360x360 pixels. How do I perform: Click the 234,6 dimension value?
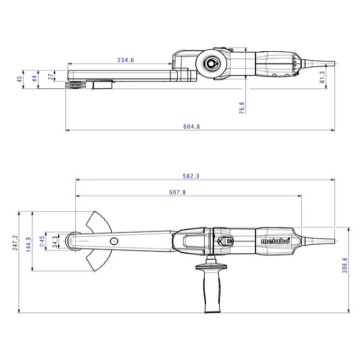tap(125, 60)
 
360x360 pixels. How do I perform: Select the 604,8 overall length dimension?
tap(191, 126)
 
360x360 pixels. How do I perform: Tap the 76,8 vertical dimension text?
tap(242, 108)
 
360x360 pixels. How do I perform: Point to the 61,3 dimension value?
tap(322, 77)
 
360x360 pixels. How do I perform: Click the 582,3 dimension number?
tap(191, 176)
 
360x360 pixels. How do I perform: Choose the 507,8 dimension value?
tap(177, 192)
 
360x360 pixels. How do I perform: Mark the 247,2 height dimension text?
tap(15, 242)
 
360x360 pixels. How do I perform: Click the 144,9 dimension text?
tap(28, 244)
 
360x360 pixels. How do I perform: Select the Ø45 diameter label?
tap(42, 241)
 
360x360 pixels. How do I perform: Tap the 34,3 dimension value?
tap(55, 241)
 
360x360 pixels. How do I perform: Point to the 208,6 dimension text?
tap(345, 265)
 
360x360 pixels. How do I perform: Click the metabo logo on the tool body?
tap(275, 241)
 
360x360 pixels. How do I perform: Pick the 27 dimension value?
tap(51, 76)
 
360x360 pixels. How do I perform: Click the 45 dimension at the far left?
tap(20, 79)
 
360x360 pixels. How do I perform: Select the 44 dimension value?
tap(34, 79)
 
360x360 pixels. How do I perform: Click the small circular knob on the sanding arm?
tap(114, 241)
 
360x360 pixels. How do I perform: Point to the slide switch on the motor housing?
tap(225, 241)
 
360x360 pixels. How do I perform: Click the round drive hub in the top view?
tap(210, 63)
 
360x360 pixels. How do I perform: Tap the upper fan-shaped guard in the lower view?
tap(98, 222)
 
